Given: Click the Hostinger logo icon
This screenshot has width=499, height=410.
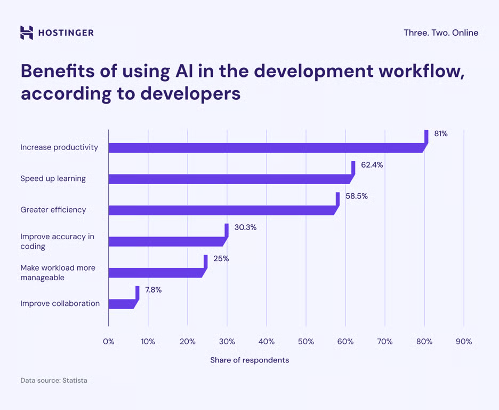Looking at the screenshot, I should pyautogui.click(x=27, y=33).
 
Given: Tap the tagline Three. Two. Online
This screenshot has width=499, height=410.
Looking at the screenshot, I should pyautogui.click(x=440, y=33).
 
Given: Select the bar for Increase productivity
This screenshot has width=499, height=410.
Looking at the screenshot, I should pyautogui.click(x=267, y=148).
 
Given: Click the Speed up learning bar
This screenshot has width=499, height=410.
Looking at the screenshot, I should pyautogui.click(x=229, y=179).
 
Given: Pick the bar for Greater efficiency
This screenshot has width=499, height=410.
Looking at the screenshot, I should pyautogui.click(x=221, y=210).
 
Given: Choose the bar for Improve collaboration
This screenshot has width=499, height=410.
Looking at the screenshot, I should pyautogui.click(x=121, y=304).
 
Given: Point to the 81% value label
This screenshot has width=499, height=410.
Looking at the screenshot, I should pyautogui.click(x=440, y=134).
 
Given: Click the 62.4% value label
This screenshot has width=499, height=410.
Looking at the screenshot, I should pyautogui.click(x=372, y=165).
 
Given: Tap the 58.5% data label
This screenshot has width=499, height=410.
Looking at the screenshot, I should pyautogui.click(x=356, y=196).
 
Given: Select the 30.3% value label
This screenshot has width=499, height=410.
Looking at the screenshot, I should pyautogui.click(x=245, y=227).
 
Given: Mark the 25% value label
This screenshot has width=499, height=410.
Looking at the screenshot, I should pyautogui.click(x=221, y=258).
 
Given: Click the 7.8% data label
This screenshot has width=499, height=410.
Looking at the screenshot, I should pyautogui.click(x=153, y=290).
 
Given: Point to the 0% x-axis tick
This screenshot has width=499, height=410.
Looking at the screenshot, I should pyautogui.click(x=108, y=342).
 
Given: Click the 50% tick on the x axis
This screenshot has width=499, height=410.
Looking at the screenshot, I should pyautogui.click(x=305, y=342).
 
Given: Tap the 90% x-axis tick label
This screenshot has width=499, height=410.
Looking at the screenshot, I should pyautogui.click(x=464, y=342).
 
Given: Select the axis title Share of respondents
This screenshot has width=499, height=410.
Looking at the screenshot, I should pyautogui.click(x=249, y=360).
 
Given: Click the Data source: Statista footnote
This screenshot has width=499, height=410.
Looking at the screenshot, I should pyautogui.click(x=53, y=381).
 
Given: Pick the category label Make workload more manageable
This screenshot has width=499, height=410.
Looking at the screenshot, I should pyautogui.click(x=58, y=272).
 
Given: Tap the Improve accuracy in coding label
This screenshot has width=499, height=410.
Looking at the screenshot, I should pyautogui.click(x=57, y=241).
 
